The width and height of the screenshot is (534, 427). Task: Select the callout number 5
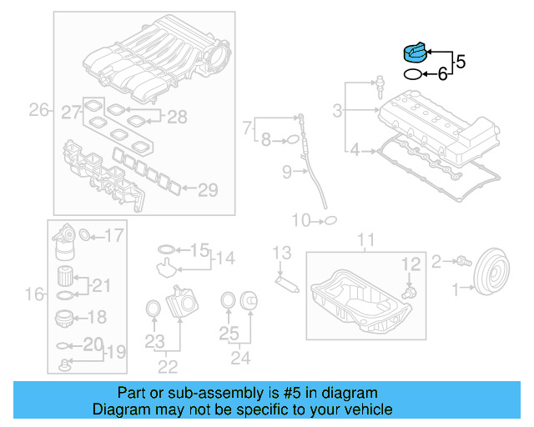pyautogui.click(x=461, y=61)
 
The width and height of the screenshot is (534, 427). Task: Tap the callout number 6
pyautogui.click(x=443, y=74)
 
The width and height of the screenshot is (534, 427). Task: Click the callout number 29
pyautogui.click(x=207, y=190)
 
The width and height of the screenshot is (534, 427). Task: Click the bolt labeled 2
pyautogui.click(x=460, y=262)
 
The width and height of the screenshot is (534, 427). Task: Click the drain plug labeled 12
pyautogui.click(x=408, y=294)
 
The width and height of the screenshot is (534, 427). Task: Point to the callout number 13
pyautogui.click(x=282, y=252)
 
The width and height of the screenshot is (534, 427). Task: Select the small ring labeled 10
pyautogui.click(x=330, y=220)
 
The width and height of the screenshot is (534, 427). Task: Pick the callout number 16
pyautogui.click(x=34, y=294)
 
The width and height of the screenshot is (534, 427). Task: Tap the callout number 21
pyautogui.click(x=101, y=286)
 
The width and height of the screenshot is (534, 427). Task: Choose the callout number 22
pyautogui.click(x=168, y=366)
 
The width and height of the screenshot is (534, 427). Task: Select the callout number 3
pyautogui.click(x=337, y=110)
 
